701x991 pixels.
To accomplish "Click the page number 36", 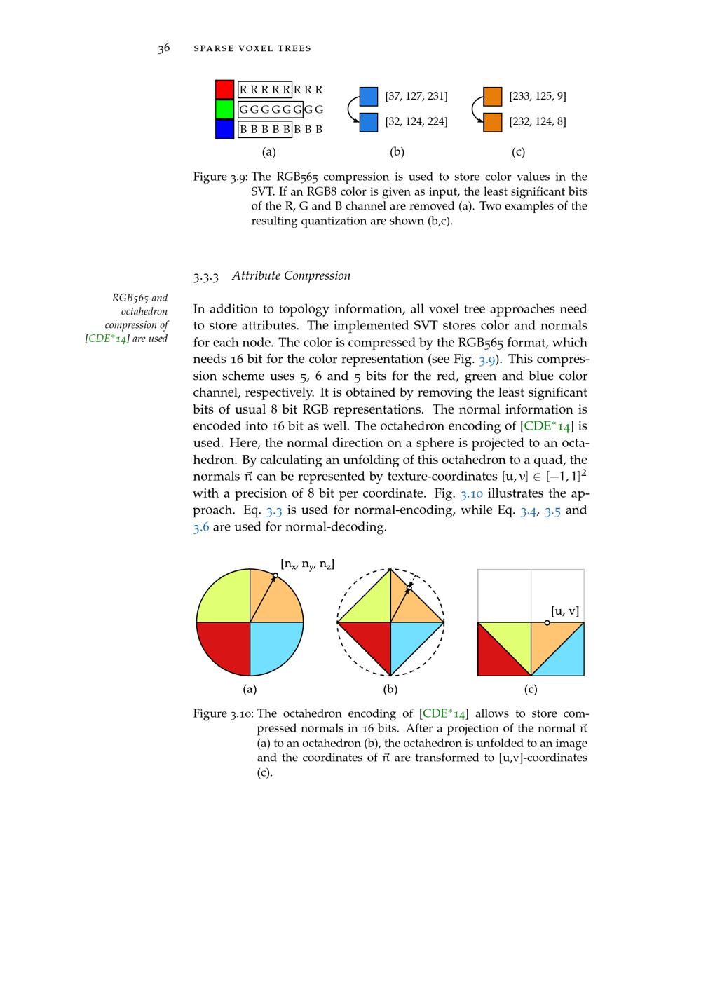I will [x=163, y=48].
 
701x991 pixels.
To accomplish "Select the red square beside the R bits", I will [x=224, y=90].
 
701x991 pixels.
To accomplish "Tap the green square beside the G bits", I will [x=224, y=109].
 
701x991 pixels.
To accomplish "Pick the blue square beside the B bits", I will [x=224, y=129].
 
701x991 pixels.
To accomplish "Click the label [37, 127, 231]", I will [x=416, y=96].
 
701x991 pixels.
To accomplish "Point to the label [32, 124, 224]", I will [x=416, y=121].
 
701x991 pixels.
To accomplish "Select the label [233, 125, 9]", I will [x=538, y=96].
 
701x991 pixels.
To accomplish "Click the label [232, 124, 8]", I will [x=538, y=121].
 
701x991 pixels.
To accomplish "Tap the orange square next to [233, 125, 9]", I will [x=493, y=96].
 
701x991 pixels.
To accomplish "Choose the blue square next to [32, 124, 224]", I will [x=369, y=122].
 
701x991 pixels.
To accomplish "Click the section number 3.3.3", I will [x=206, y=276].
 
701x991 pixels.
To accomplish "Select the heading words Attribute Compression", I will [x=291, y=275].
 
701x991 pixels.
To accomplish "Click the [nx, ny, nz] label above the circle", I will [x=307, y=563].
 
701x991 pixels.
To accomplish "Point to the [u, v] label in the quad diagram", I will [x=565, y=611].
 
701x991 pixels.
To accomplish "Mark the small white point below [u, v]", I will [x=547, y=622].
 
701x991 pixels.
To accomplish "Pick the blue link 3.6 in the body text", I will [x=201, y=527].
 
